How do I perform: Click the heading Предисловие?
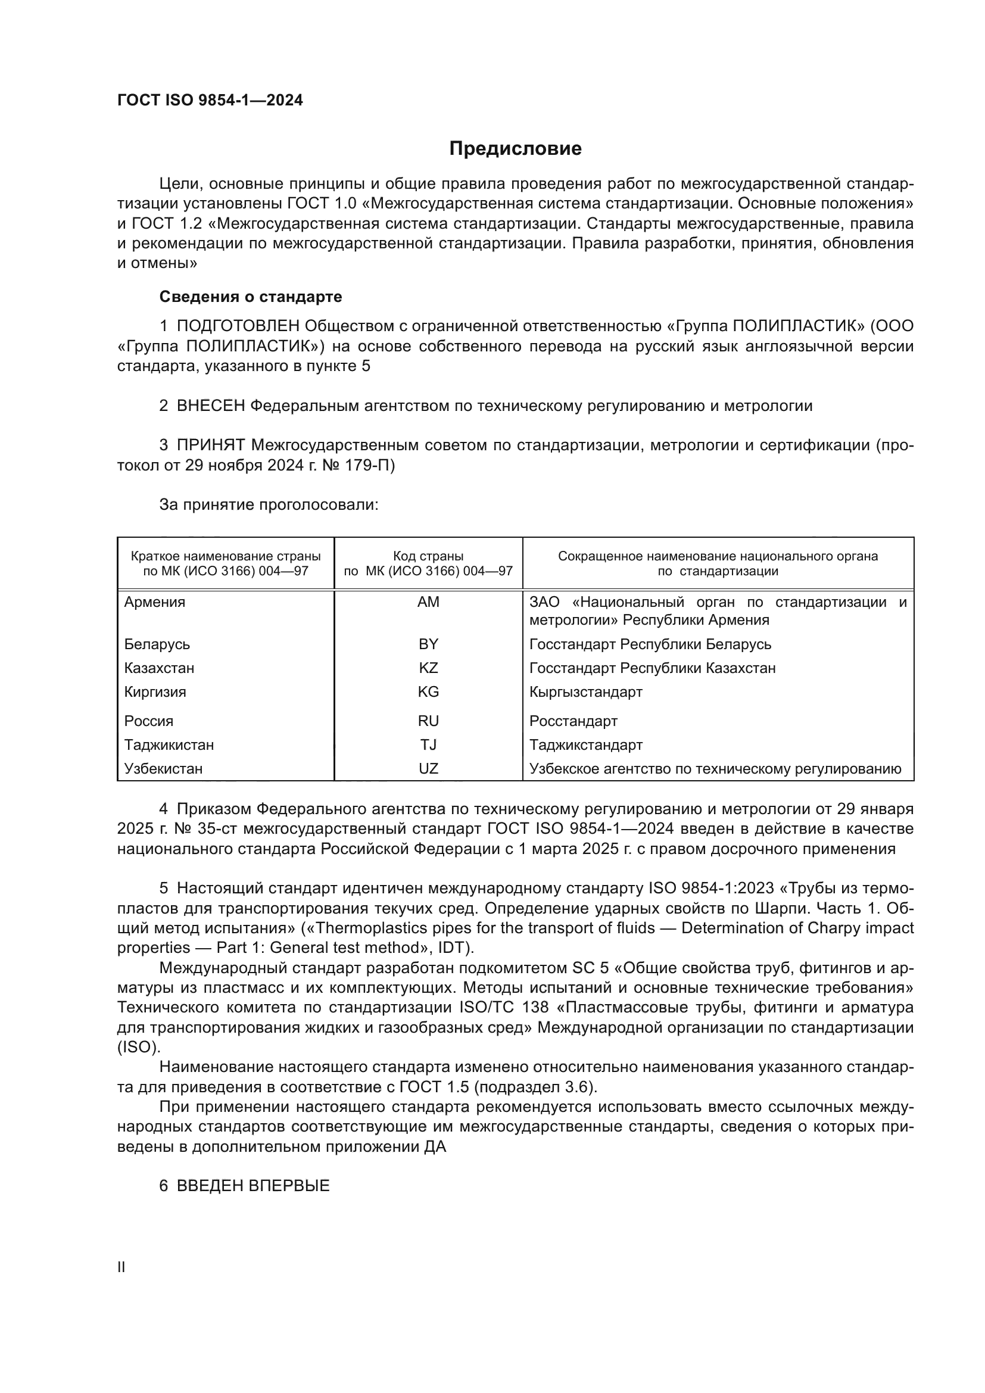(x=515, y=149)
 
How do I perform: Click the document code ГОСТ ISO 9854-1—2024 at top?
(x=210, y=100)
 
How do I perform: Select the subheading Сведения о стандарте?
(x=251, y=297)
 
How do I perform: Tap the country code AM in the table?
(x=428, y=602)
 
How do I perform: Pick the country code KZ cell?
(x=428, y=668)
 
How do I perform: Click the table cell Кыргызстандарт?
(x=585, y=691)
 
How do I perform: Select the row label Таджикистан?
(x=169, y=744)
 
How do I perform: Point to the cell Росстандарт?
(x=573, y=721)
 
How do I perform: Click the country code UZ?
(x=428, y=769)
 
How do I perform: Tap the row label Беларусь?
(x=157, y=644)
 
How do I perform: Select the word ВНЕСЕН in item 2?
(x=210, y=406)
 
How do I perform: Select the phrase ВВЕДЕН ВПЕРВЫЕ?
(x=253, y=1186)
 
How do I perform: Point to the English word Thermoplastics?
(x=369, y=928)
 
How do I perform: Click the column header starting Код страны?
(x=428, y=563)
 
